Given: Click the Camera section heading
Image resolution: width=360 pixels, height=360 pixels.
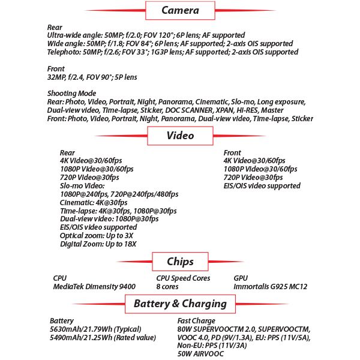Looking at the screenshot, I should tap(180, 10).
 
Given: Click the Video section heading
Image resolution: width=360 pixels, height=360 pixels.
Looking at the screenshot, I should tap(180, 135).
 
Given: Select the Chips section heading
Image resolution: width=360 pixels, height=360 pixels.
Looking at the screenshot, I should tap(180, 262).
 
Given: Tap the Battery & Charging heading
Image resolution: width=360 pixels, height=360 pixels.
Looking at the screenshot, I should tap(180, 304).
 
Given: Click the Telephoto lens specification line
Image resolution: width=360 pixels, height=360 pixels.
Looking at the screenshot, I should tap(173, 52).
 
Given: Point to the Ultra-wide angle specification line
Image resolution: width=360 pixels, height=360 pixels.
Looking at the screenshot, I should tap(146, 35).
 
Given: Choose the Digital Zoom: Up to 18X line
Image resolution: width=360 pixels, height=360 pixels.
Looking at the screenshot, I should tap(98, 244).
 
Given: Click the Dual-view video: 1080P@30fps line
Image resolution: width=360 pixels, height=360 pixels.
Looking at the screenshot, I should tap(109, 219).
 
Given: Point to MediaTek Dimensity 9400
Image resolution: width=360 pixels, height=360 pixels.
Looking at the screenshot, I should tap(94, 287).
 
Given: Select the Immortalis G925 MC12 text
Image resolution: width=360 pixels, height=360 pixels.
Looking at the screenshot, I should tap(270, 287).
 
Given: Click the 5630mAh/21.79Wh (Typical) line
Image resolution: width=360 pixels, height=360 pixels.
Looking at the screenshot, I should tap(95, 329).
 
